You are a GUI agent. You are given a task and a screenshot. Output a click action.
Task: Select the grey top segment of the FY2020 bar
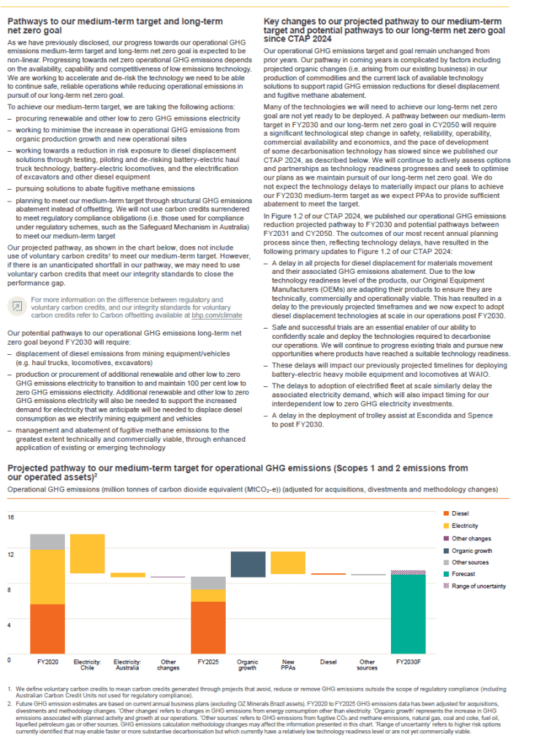coord(48,541)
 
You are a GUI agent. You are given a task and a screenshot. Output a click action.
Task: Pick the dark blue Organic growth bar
coord(248,564)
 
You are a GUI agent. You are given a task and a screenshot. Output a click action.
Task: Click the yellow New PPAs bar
coord(288,562)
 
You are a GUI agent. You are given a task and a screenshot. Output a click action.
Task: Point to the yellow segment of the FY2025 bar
coord(208,595)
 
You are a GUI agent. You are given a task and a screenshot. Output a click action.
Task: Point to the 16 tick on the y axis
coord(11,517)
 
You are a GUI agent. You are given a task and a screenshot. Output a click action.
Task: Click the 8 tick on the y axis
coord(11,589)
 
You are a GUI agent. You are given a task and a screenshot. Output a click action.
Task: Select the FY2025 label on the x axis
coord(208,662)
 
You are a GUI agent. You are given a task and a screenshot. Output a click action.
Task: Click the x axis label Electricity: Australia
coord(127,664)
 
